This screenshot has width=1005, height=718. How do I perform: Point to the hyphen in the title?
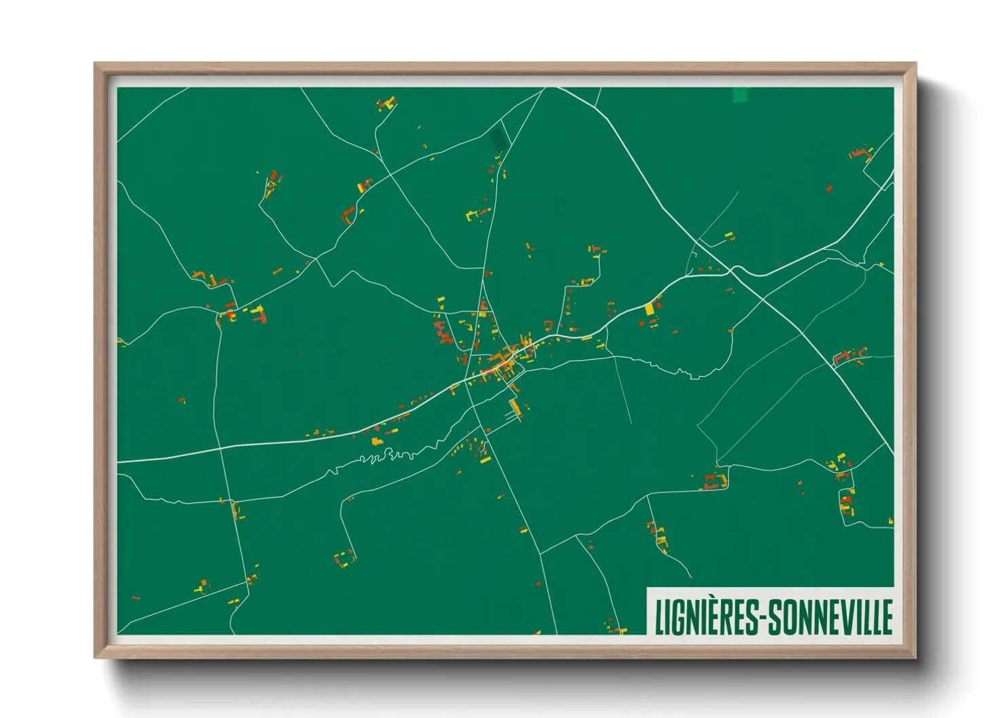(765, 619)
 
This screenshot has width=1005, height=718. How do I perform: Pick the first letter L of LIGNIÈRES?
(658, 617)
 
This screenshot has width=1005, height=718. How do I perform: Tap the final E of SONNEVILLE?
(887, 617)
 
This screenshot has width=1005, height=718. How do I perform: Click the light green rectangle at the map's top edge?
(739, 95)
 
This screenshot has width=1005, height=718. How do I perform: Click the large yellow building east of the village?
(649, 308)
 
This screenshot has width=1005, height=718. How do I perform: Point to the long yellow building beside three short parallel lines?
(515, 407)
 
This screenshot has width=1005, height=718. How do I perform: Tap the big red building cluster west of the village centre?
(443, 333)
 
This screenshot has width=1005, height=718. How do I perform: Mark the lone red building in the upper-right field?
(829, 188)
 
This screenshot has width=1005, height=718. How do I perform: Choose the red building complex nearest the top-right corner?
(860, 153)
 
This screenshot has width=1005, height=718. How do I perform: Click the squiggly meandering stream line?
(387, 455)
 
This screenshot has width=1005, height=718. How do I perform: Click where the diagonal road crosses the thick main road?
(732, 270)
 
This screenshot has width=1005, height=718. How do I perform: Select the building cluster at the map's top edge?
(386, 105)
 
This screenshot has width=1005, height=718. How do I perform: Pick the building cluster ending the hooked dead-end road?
(345, 559)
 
